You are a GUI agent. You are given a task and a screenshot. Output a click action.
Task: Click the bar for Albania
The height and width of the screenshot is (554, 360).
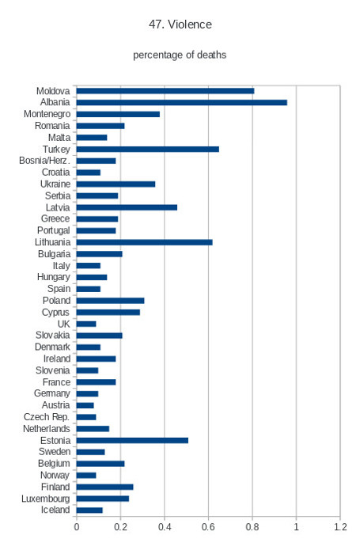[182, 102]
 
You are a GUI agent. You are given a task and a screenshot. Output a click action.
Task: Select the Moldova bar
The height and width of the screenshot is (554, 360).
[165, 91]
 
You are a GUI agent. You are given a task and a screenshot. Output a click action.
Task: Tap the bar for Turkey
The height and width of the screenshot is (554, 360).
[148, 149]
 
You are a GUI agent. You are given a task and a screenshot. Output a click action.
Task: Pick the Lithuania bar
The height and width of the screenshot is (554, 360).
[144, 242]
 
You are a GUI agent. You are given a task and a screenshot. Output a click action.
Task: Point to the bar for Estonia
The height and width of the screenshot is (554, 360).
[132, 440]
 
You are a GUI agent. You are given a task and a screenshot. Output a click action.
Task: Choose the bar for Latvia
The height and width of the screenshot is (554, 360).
[127, 207]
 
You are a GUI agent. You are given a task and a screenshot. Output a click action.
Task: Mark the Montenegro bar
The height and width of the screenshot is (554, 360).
[118, 114]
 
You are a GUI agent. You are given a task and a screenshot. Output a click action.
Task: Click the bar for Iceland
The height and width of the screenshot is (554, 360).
[89, 510]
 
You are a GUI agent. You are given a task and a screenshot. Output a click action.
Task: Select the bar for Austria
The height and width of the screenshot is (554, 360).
[85, 405]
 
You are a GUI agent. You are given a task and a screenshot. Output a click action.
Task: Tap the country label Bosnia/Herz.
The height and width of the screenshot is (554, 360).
[44, 161]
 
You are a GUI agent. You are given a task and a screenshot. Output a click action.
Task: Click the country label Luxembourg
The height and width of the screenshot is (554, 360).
[46, 499]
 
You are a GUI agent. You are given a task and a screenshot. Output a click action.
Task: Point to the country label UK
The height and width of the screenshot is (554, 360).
[63, 324]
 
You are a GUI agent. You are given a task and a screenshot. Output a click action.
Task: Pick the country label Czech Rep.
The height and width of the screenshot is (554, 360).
[46, 417]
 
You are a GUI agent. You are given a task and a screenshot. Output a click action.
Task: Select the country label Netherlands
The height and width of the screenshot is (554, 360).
[46, 429]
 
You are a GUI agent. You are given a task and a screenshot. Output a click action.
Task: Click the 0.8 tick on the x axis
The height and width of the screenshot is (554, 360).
[252, 527]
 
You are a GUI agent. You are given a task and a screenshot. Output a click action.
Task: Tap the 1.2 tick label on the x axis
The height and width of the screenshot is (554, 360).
[340, 527]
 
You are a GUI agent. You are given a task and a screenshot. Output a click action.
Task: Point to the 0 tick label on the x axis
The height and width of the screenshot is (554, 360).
[77, 527]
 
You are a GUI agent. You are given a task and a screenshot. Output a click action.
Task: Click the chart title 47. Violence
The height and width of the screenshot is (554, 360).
[180, 25]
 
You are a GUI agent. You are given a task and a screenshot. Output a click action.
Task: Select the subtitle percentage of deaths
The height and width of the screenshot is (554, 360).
[180, 55]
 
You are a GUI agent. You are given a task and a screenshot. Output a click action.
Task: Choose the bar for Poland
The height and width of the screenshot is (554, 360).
[110, 301]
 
